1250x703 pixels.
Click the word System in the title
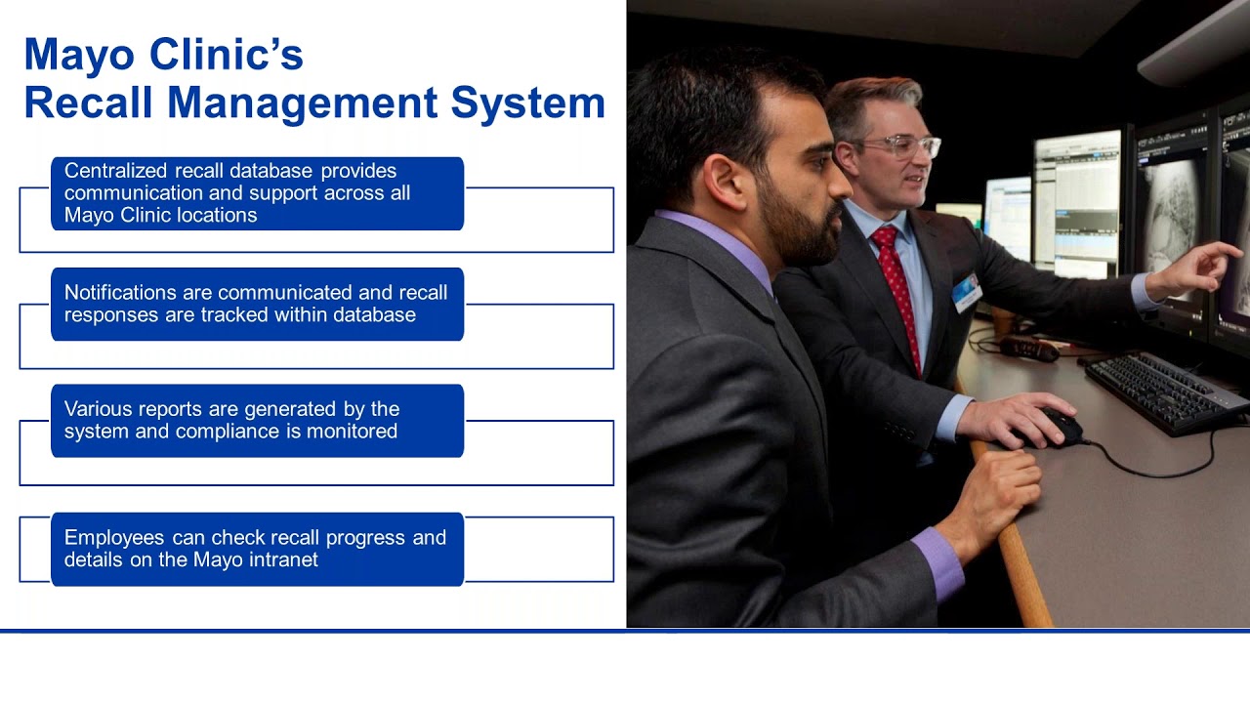pos(527,103)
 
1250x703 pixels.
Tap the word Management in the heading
pos(303,103)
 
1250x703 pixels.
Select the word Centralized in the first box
pos(115,171)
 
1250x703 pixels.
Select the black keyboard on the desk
pos(1166,393)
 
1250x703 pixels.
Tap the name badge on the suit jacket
pos(967,292)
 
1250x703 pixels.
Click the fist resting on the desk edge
pos(996,491)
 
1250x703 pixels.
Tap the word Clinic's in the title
pos(226,56)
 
